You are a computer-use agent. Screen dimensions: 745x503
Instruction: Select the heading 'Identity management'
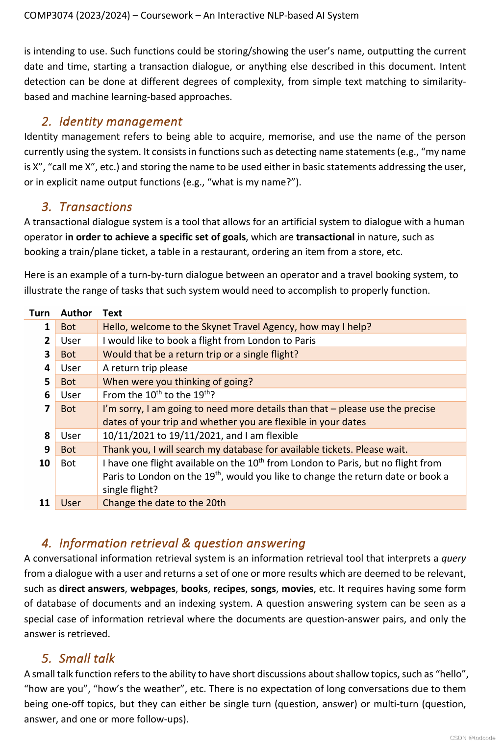tap(120, 122)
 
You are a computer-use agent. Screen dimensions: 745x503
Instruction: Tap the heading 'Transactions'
tap(96, 207)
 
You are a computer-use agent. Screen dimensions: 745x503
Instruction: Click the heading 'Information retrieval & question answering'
tap(182, 543)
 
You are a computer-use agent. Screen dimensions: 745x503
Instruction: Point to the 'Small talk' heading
tap(87, 659)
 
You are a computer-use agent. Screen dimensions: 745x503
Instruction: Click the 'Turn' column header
tap(39, 313)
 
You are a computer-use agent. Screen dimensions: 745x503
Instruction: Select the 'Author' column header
tap(76, 313)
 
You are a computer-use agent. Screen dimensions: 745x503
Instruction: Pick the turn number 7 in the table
tap(47, 409)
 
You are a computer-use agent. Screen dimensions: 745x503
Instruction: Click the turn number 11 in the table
tap(44, 503)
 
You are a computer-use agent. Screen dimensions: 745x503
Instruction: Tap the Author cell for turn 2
tap(71, 340)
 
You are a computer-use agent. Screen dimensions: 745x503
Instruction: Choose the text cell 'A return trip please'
tap(145, 368)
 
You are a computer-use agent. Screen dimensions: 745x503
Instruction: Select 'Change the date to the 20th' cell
tap(164, 503)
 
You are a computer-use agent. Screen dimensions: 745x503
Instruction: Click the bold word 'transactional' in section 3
tap(325, 237)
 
